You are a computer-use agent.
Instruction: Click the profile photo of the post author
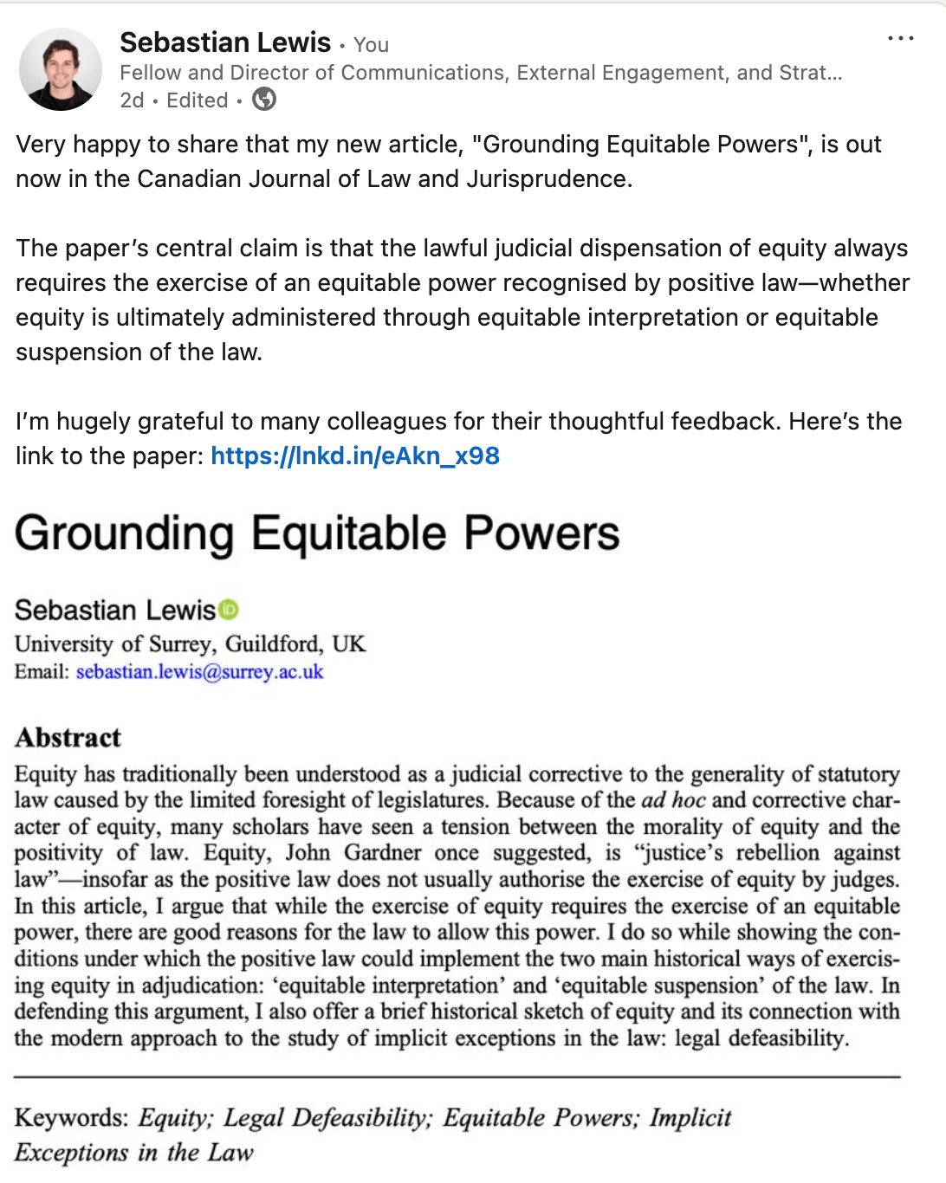coord(61,69)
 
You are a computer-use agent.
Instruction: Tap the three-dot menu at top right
coord(901,39)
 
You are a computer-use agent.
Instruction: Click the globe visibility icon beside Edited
coord(264,100)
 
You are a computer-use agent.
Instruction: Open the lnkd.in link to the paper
coord(355,456)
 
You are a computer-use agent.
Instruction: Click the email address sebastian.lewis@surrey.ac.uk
coord(199,672)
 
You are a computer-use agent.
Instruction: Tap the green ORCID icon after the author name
coord(229,610)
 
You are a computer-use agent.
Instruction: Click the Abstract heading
coord(68,738)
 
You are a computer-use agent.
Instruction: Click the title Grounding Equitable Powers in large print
coord(317,533)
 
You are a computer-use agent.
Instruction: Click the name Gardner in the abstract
coord(381,853)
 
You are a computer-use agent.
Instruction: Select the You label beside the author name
coord(371,45)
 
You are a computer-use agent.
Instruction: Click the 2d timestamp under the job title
coord(132,100)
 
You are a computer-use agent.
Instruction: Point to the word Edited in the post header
coord(198,100)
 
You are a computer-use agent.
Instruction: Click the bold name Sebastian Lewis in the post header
coord(225,42)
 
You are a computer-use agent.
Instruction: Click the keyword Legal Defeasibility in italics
coord(327,1118)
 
